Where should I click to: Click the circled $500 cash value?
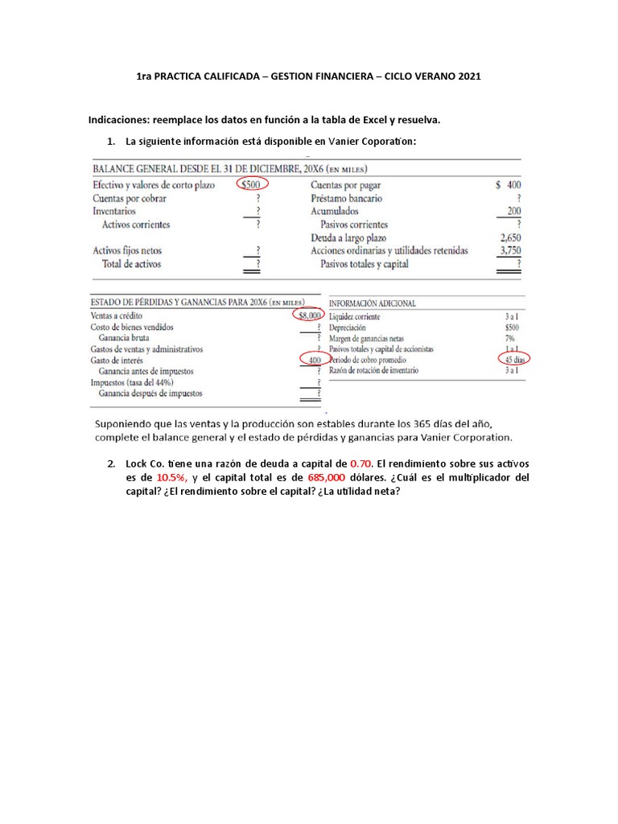pos(253,184)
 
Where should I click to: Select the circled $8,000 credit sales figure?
pos(309,316)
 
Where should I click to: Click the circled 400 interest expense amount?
pos(313,360)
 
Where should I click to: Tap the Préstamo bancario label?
pos(346,198)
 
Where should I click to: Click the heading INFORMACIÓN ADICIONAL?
pos(373,303)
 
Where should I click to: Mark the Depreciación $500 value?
pos(512,328)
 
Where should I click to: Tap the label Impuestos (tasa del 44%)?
pos(138,383)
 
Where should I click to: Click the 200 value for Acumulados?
pos(513,211)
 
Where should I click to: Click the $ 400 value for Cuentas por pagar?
pos(509,184)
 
